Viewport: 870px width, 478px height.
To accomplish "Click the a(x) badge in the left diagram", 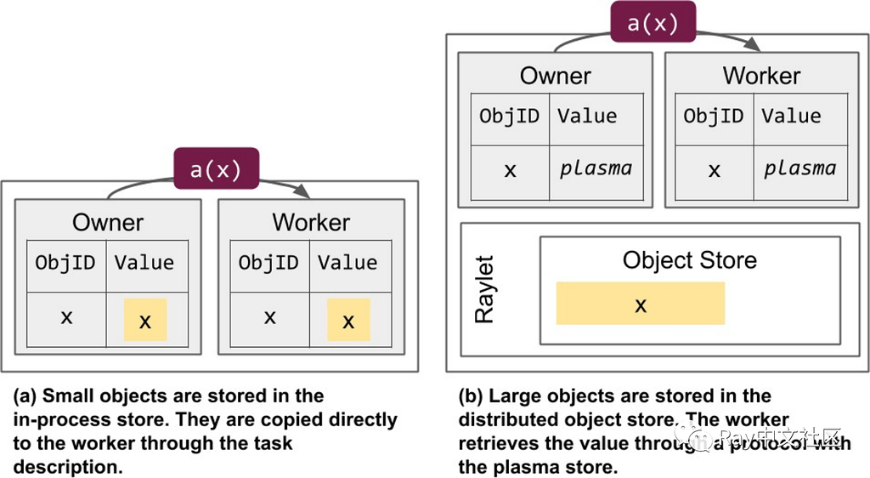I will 216,169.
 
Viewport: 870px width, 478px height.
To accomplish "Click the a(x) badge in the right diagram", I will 652,23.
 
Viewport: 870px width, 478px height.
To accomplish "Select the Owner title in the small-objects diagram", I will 108,223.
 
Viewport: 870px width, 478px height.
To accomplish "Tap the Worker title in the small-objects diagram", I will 311,223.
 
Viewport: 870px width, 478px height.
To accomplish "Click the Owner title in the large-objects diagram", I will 555,76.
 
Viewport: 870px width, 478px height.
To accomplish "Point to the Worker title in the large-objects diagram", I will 761,76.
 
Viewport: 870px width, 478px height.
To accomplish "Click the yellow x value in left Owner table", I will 145,320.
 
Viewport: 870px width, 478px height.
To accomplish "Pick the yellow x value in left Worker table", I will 348,320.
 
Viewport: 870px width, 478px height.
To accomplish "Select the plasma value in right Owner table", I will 595,168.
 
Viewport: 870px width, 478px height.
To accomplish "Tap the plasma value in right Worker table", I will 799,168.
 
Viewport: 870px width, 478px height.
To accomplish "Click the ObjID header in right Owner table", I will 510,116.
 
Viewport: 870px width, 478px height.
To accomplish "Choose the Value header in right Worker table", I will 791,116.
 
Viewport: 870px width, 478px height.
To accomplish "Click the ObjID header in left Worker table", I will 268,263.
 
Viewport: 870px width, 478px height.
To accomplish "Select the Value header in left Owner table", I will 144,263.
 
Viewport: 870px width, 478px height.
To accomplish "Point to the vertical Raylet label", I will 484,289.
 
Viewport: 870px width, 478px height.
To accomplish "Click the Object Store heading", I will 689,259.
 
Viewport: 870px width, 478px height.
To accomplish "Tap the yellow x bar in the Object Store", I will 640,304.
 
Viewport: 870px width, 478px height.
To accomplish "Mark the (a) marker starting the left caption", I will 25,396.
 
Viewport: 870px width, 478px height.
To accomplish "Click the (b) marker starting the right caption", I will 472,396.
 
